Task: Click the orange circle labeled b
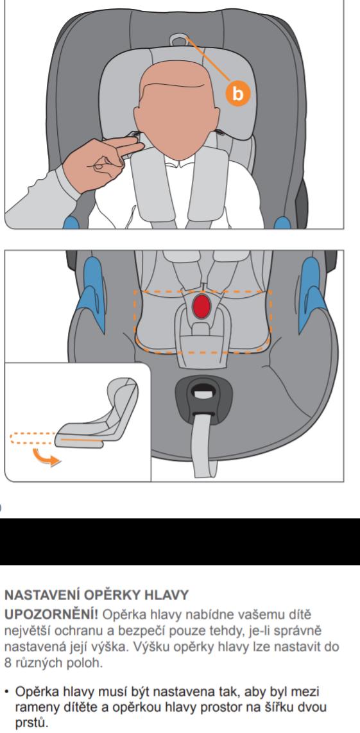click(x=238, y=93)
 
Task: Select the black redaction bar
click(x=180, y=541)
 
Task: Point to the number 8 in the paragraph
click(x=8, y=663)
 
